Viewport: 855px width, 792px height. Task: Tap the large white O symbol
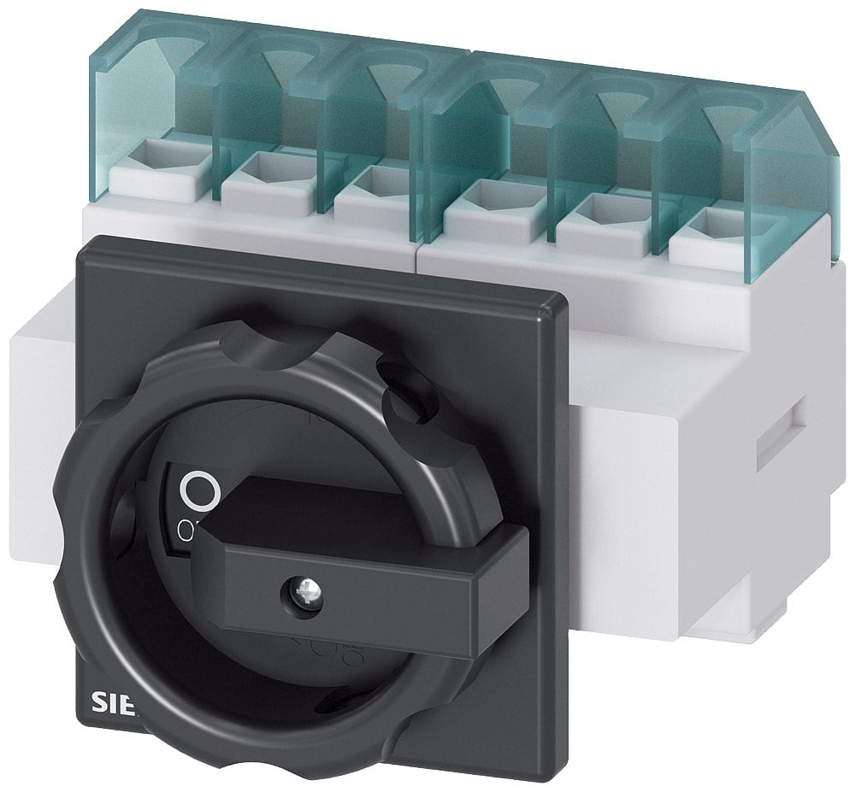(x=202, y=490)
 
